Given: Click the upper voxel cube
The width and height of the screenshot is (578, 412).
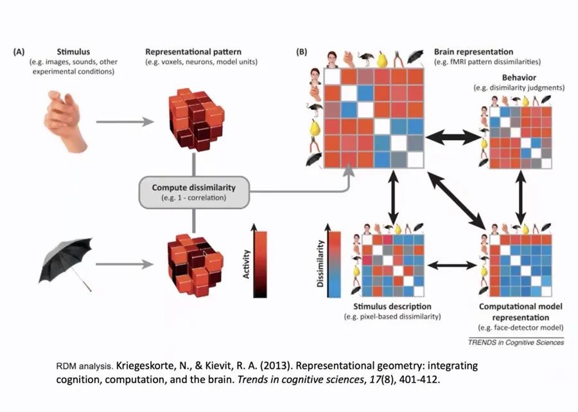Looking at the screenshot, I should point(193,120).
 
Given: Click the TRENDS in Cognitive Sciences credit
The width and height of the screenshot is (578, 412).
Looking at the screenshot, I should point(516,343).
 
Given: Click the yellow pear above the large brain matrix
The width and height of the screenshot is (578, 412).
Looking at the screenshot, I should point(383,59).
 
